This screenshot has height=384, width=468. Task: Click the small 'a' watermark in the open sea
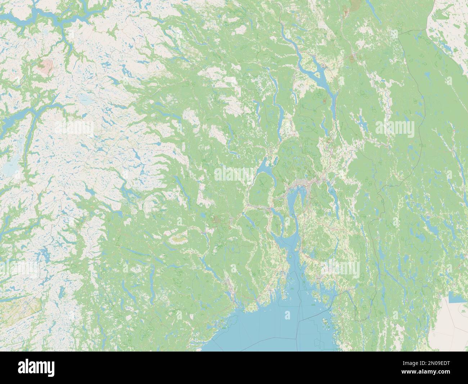point(287,315)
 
